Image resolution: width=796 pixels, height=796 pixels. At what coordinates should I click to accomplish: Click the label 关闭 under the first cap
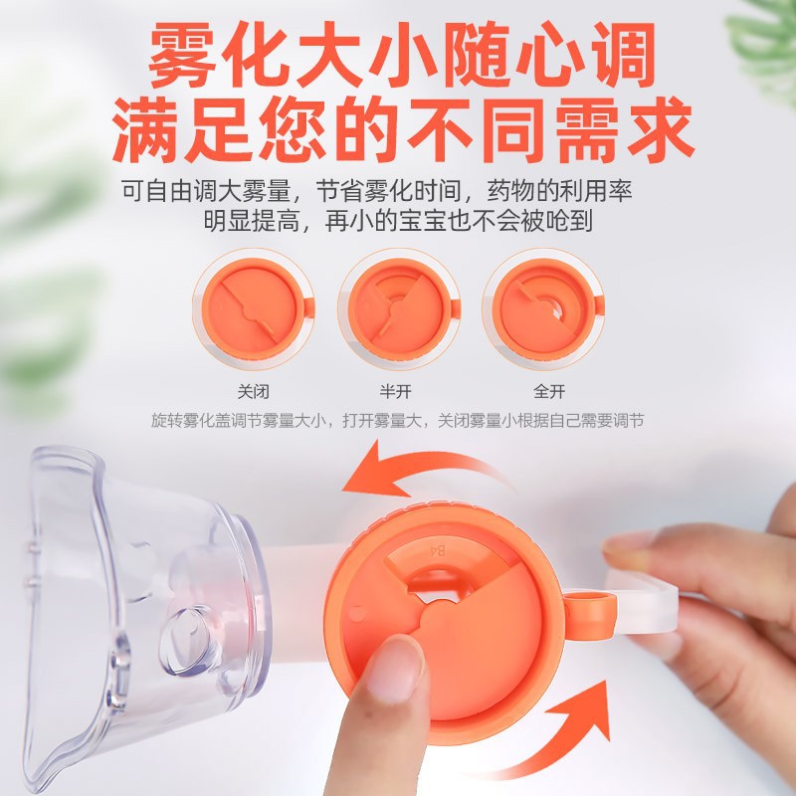[x=253, y=391]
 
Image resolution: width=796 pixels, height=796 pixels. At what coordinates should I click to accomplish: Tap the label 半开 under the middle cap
[x=397, y=391]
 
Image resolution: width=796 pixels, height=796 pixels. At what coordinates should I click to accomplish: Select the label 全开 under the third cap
[x=542, y=391]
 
